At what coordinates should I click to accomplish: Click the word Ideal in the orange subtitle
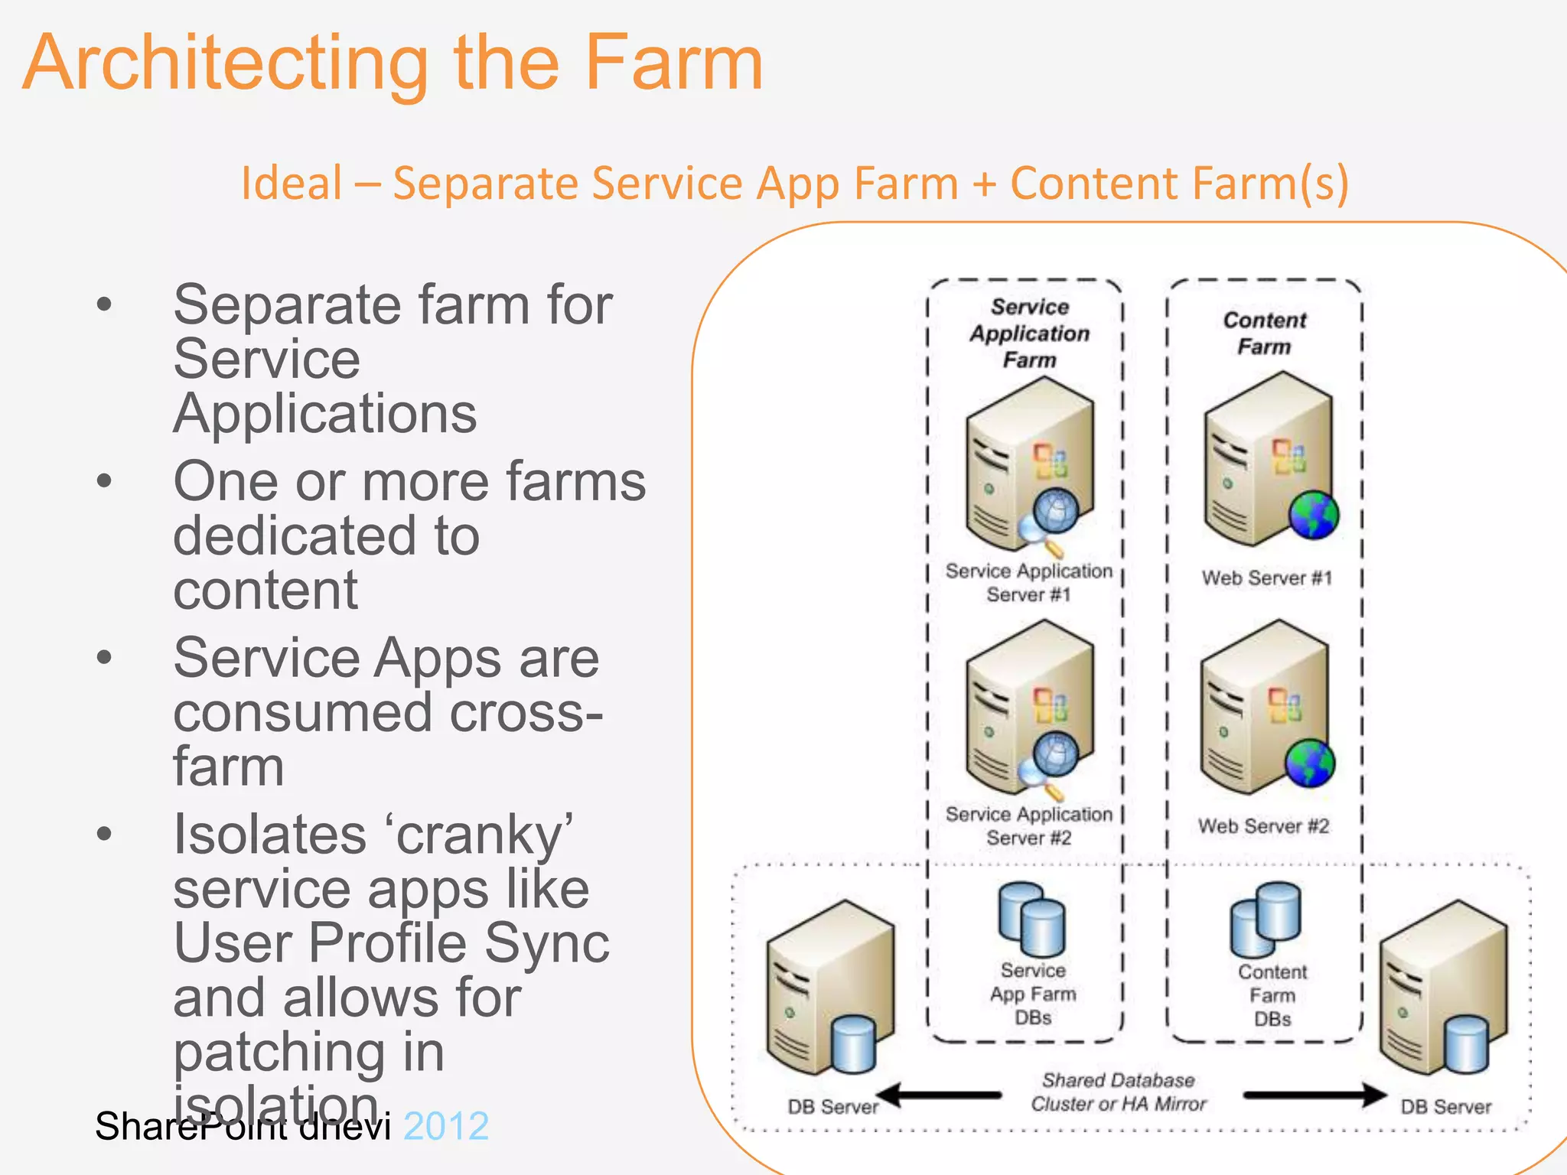292,184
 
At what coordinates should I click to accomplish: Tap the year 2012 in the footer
446,1126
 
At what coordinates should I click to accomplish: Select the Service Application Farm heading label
1029,334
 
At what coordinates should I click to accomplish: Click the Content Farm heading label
1264,334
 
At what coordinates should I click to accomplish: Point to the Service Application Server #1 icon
1029,467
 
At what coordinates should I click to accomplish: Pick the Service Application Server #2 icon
1029,708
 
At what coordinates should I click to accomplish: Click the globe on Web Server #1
1313,516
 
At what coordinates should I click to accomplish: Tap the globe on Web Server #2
1309,763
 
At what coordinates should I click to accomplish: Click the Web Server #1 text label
1266,578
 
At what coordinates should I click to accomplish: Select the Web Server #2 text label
1263,826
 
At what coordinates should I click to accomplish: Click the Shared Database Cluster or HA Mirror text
1118,1092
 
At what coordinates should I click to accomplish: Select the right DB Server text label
1445,1107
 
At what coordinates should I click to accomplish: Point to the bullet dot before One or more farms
105,481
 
